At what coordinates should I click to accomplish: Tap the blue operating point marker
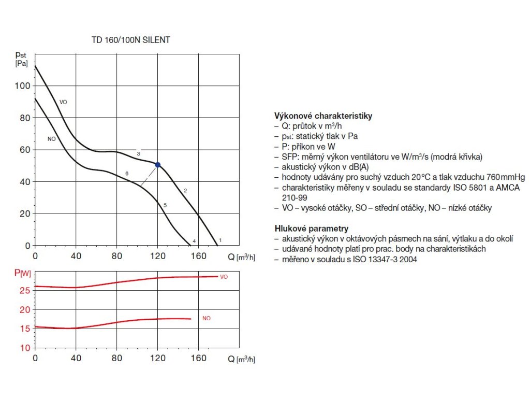coord(157,165)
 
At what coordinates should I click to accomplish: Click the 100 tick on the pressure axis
coord(24,86)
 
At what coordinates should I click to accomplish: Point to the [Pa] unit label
coord(21,63)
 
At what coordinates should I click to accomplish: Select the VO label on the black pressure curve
coord(64,102)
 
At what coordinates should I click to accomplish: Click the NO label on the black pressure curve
coord(51,139)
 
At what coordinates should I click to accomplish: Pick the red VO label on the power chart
coord(224,277)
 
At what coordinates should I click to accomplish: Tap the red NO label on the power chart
coord(207,318)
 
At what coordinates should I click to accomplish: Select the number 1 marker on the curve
coord(220,240)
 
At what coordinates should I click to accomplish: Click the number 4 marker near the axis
coord(194,241)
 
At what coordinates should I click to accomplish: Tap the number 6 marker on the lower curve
coord(126,173)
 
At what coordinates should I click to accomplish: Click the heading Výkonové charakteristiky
coord(323,116)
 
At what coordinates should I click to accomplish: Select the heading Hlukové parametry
coord(311,228)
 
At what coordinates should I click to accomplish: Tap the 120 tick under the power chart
coord(157,358)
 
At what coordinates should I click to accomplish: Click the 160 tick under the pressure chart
coord(198,256)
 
